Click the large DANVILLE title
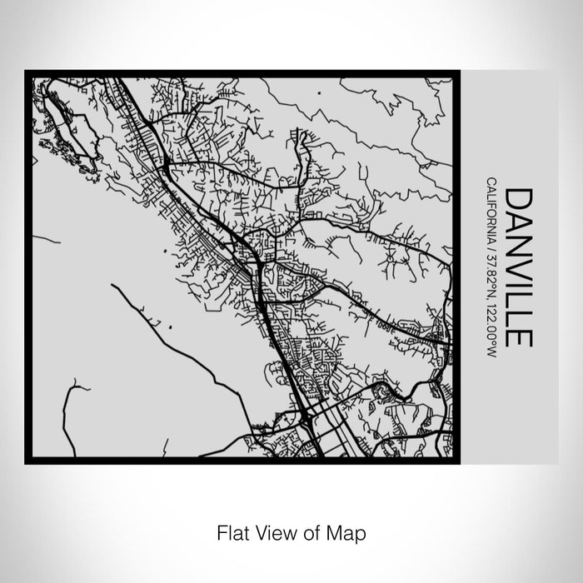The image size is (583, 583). click(518, 267)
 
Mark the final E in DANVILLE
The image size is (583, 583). click(518, 337)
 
